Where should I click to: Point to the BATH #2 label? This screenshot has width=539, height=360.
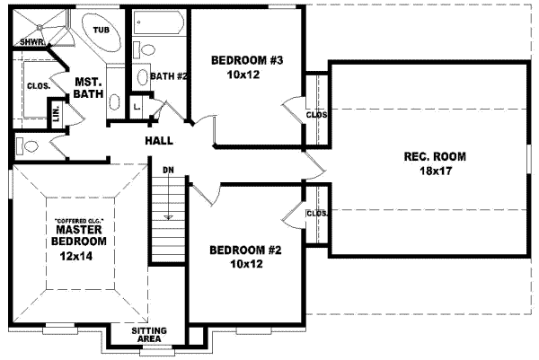tap(168, 76)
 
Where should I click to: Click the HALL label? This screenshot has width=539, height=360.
tap(158, 140)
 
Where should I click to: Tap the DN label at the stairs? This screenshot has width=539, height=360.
tap(168, 169)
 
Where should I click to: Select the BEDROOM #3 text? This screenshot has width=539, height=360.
tap(247, 61)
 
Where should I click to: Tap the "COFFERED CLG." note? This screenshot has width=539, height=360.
tap(79, 220)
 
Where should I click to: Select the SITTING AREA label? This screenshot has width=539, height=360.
tap(149, 335)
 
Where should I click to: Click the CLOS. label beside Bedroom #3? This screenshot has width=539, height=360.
tap(316, 115)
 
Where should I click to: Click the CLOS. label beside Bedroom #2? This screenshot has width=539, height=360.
tap(316, 214)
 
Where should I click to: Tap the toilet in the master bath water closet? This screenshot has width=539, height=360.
tap(30, 145)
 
